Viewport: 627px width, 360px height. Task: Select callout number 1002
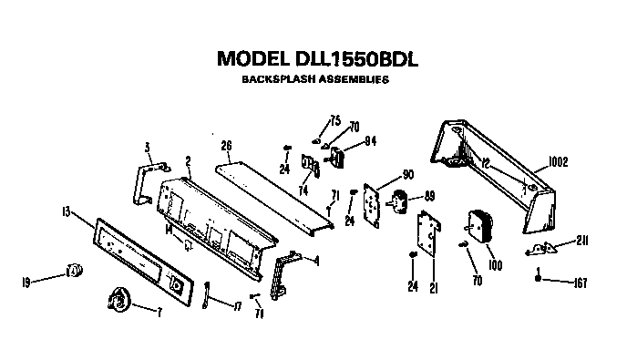[558, 163]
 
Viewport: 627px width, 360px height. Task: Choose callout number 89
[430, 195]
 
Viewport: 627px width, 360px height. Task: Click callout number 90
[406, 174]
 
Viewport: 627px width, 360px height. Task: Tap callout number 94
[370, 140]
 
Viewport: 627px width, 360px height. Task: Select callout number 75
[335, 120]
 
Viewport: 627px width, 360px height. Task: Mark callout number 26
[226, 145]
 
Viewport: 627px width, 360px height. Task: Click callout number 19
[27, 283]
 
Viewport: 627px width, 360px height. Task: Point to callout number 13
[66, 211]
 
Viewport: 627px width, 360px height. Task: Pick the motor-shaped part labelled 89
[400, 200]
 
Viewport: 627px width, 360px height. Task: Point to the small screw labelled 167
[540, 277]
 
